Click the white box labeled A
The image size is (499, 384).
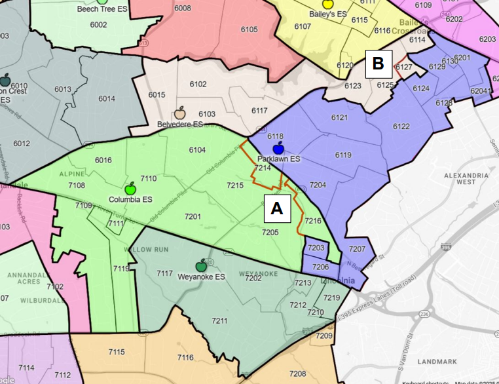tap(276, 208)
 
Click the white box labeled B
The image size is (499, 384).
tap(378, 64)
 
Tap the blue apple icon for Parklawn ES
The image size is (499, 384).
tap(278, 148)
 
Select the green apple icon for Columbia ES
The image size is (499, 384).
tap(130, 189)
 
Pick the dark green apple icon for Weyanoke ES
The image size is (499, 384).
tap(202, 266)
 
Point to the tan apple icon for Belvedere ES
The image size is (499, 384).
tap(180, 113)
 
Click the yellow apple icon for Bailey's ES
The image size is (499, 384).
tap(328, 4)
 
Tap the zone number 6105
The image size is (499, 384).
tap(249, 29)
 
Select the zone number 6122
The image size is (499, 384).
tap(401, 126)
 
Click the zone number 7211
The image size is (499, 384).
tap(219, 320)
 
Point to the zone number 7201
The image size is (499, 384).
tap(193, 216)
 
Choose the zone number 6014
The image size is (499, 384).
tap(106, 98)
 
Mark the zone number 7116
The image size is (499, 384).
tap(185, 357)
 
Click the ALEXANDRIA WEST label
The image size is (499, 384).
tap(466, 180)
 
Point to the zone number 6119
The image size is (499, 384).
tap(342, 155)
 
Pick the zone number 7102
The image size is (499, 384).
tap(55, 286)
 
